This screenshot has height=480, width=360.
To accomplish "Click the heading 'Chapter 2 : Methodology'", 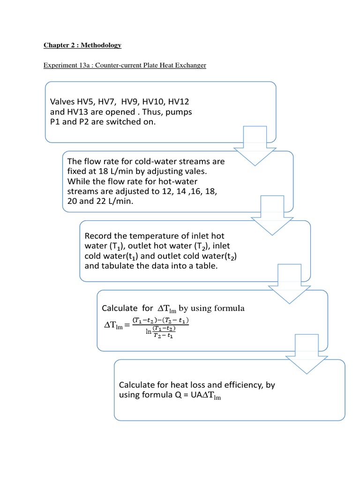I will (x=82, y=45).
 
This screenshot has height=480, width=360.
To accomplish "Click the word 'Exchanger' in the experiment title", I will (x=190, y=65).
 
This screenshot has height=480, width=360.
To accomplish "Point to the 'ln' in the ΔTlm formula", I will (x=136, y=331).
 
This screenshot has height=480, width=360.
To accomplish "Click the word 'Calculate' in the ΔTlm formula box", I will (x=120, y=308).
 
